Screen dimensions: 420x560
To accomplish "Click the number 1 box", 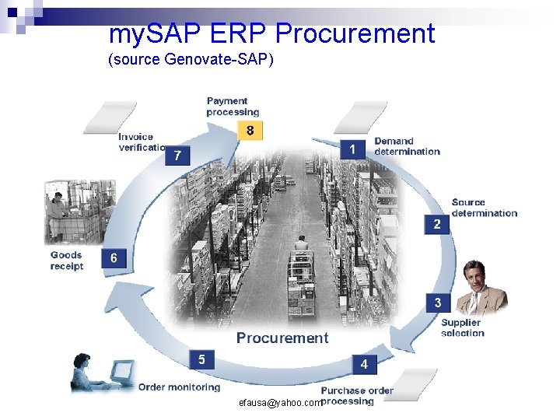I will (352, 148).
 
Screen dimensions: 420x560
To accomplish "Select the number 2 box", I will (437, 224).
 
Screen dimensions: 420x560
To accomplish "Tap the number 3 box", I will (438, 303).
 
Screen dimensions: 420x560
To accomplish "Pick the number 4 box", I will (364, 363).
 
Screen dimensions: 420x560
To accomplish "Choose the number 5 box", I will (201, 359).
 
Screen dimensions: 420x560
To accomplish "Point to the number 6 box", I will (114, 258).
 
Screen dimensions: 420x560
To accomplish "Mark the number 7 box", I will (177, 156).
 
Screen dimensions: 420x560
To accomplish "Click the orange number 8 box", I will (250, 131).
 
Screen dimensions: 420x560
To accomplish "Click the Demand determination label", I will (407, 146).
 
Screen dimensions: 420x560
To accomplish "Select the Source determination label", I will (484, 208).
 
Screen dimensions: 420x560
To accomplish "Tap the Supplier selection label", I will (462, 327).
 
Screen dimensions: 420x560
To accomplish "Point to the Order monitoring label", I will (179, 387).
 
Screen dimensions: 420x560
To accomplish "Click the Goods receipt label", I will (67, 261).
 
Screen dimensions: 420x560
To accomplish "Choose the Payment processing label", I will (232, 107).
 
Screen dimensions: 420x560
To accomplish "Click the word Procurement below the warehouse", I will (282, 338).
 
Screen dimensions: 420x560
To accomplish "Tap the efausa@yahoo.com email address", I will (280, 403).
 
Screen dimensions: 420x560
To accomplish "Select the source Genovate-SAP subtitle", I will (191, 60).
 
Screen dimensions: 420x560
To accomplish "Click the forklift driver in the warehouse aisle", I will (302, 243).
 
